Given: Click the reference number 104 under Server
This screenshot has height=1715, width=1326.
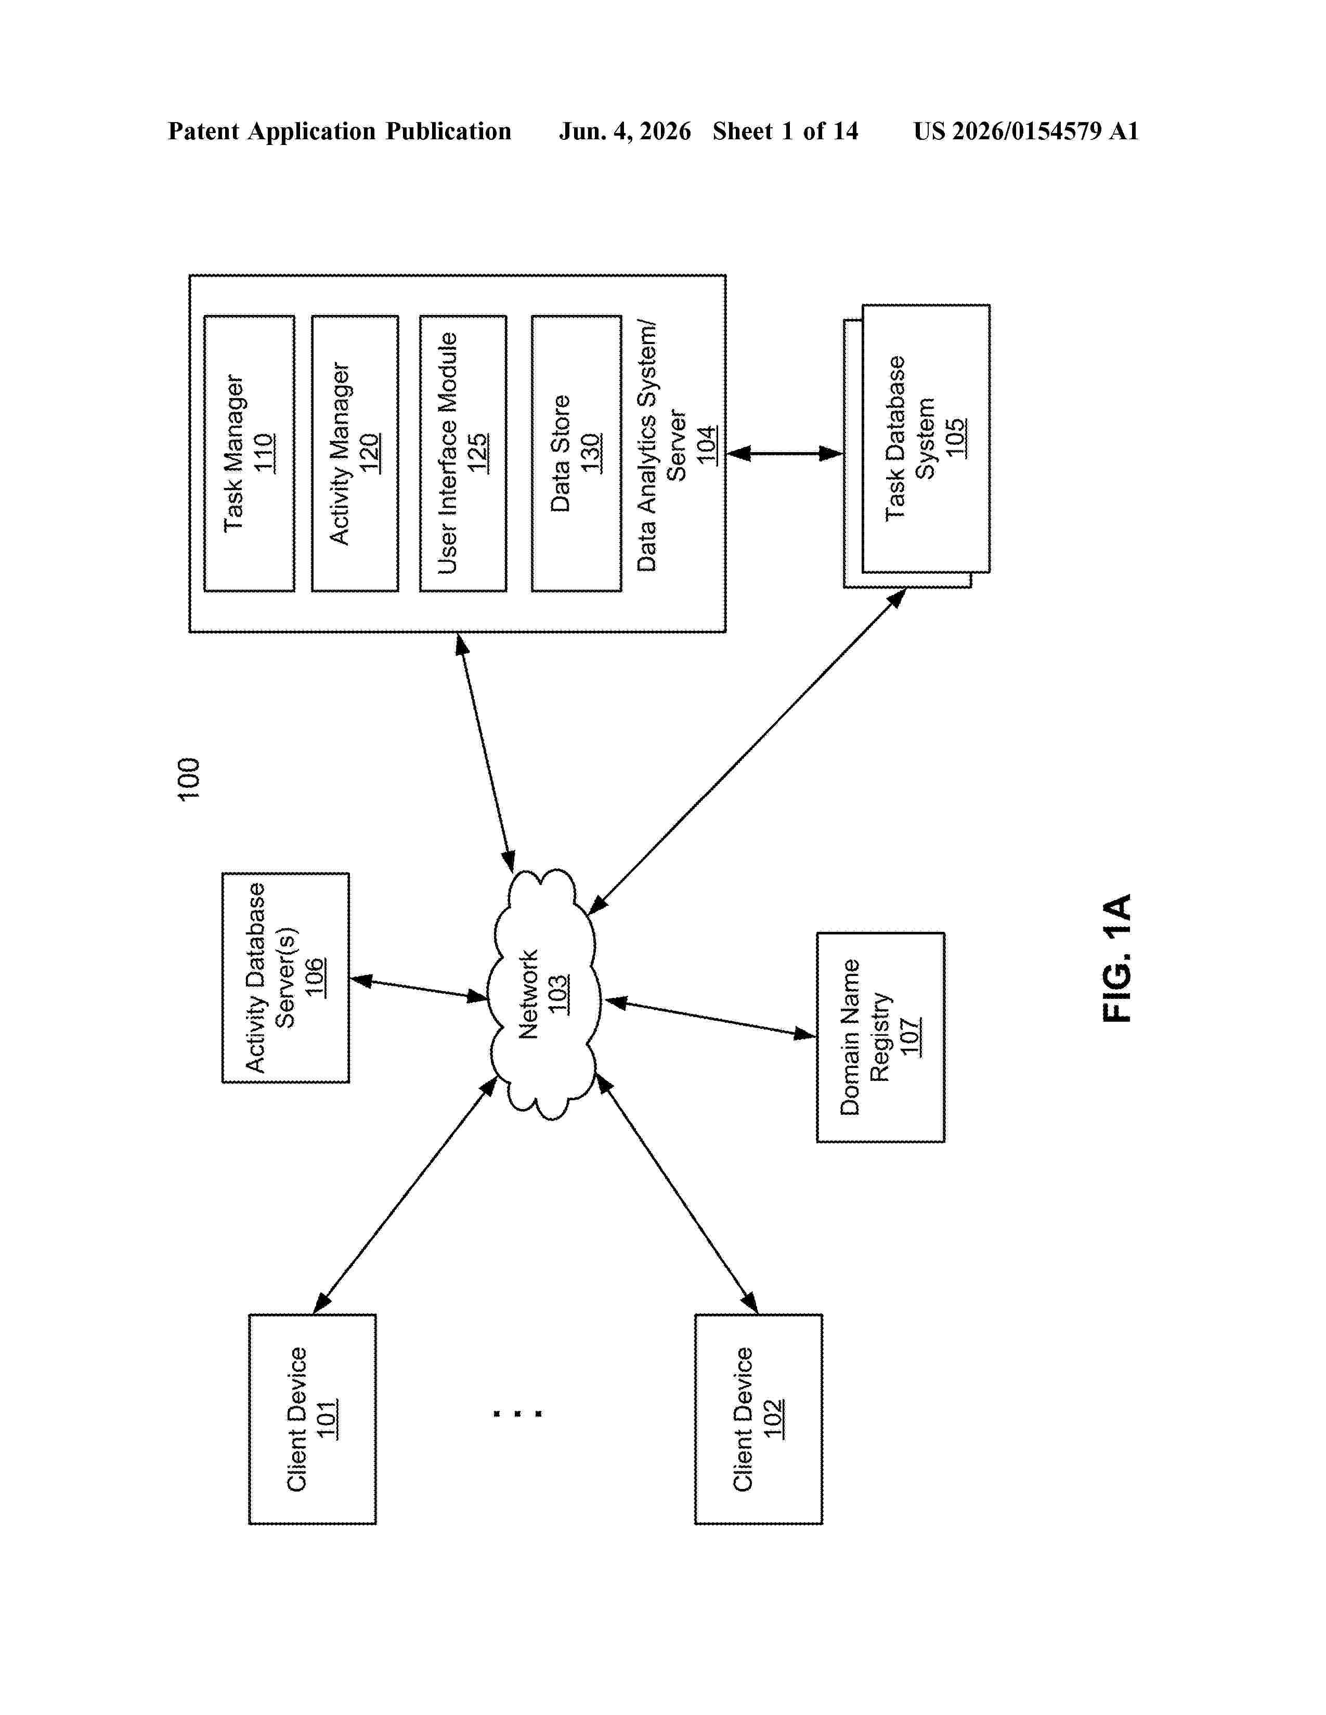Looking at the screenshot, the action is coord(706,444).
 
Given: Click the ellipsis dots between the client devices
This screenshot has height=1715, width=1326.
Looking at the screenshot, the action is coord(517,1414).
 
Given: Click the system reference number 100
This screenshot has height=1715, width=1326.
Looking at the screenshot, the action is coord(189,779).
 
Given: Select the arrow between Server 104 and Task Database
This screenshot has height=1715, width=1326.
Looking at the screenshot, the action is coord(785,453).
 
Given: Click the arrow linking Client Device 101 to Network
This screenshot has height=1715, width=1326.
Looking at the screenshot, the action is coord(406,1195).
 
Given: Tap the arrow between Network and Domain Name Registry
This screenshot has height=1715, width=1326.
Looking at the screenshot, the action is coord(710,1018).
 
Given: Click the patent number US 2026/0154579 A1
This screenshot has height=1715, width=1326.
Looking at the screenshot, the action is coord(1026,131).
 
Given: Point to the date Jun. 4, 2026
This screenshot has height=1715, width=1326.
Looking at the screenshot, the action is coord(625,131).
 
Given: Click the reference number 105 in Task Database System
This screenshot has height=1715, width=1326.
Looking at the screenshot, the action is coord(955,438).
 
